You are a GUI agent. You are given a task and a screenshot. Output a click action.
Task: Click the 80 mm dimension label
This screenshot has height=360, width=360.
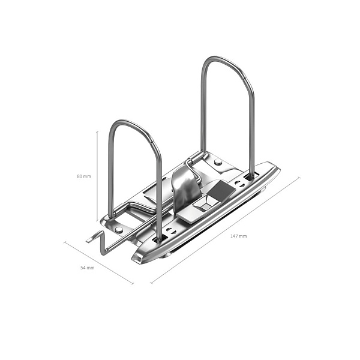point(84,176)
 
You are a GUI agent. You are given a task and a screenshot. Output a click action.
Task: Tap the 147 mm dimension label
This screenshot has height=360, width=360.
point(239,236)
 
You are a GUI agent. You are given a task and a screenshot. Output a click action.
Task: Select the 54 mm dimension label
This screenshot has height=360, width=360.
point(87,268)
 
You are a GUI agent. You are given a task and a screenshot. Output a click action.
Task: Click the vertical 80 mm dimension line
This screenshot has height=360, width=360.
point(97,176)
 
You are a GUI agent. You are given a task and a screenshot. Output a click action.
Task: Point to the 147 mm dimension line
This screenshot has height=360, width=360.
point(225,230)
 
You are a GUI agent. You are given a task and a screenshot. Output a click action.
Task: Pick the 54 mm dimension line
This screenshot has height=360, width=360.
point(99,263)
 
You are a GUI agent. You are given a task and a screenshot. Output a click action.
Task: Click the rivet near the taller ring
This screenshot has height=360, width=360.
point(218,162)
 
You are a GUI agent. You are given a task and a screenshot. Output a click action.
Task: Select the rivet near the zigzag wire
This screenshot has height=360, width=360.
point(119,230)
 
